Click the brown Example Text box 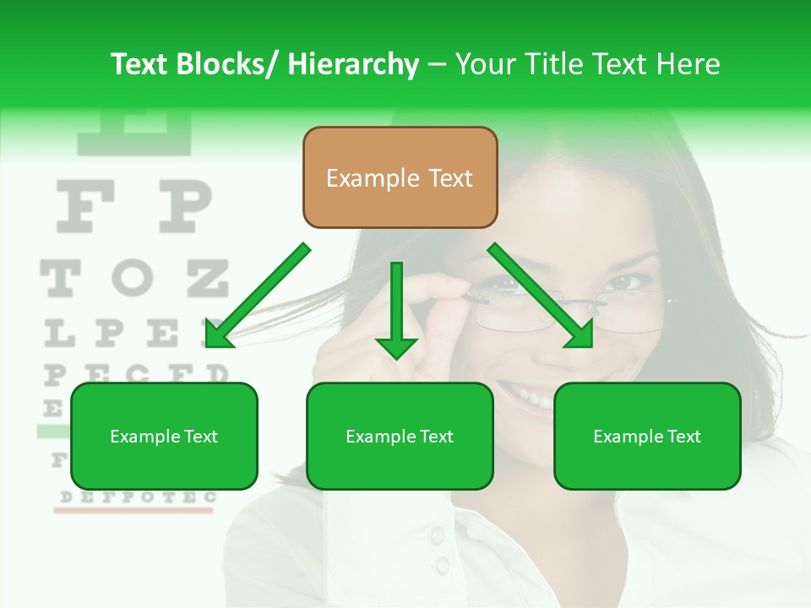point(400,177)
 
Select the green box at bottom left point(164,436)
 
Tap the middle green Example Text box point(400,436)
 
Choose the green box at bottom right point(647,436)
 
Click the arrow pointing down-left point(257,296)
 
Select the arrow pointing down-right point(541,296)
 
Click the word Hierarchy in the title point(352,64)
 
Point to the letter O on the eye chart point(133,278)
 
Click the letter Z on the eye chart point(207,278)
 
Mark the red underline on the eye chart point(135,511)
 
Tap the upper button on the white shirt point(437,534)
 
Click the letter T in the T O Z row point(59,278)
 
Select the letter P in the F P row point(185,207)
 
